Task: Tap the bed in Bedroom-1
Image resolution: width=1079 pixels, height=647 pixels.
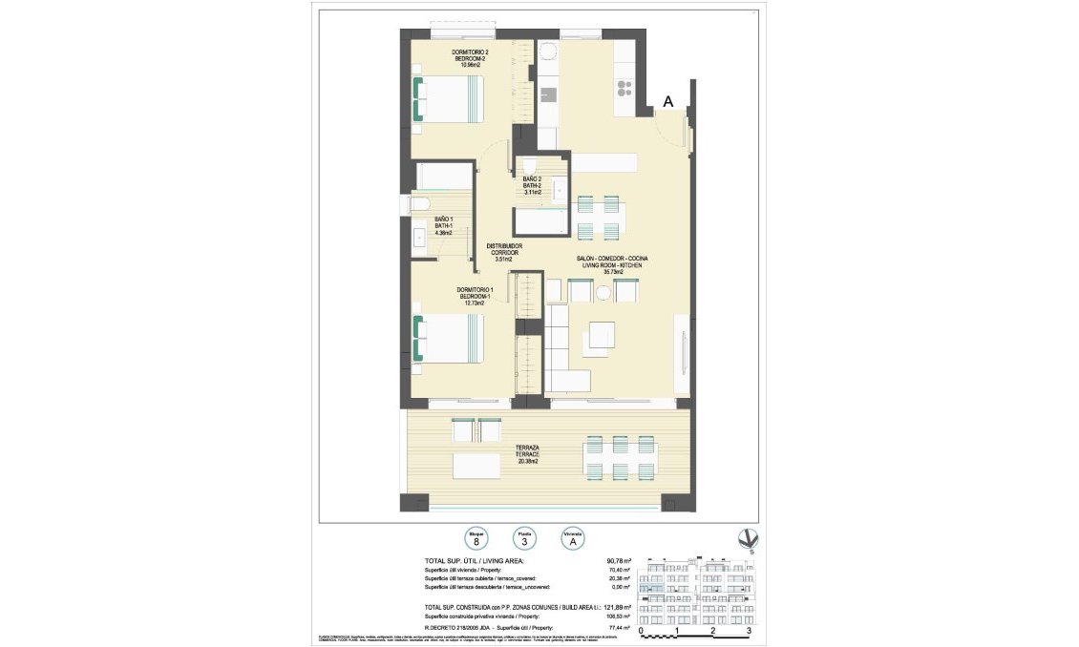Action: (449, 340)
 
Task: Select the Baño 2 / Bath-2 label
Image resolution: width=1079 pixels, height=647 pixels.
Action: (532, 185)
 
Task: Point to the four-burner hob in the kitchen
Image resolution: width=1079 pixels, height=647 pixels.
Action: (624, 89)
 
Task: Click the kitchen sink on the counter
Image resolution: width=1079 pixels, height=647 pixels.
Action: (548, 94)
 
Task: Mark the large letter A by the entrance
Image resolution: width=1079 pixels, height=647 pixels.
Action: (668, 101)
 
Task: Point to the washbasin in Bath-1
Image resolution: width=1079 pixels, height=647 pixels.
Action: (418, 238)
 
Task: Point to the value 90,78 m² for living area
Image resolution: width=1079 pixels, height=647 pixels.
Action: (621, 561)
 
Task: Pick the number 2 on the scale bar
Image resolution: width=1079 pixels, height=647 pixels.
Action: (712, 631)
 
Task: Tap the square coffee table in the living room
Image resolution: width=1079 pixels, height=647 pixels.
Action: (602, 336)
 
